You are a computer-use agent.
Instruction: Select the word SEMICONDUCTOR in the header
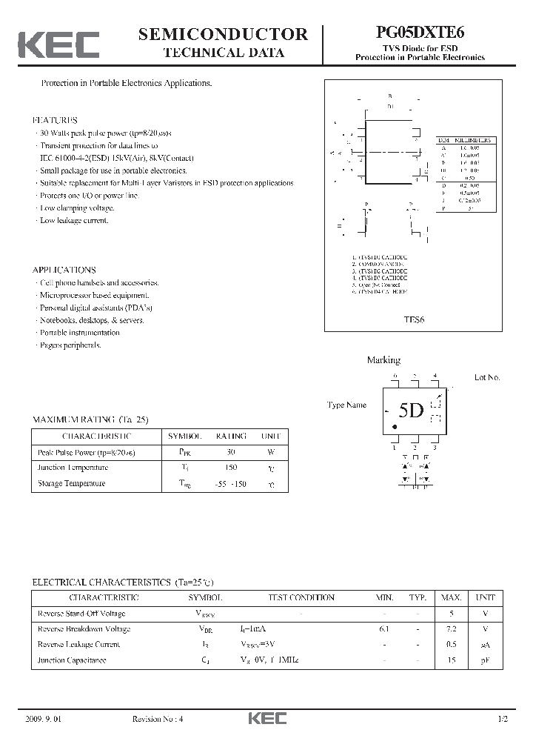(x=223, y=33)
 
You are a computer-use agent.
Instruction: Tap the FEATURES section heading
(x=55, y=119)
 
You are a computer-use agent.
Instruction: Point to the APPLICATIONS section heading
(x=64, y=270)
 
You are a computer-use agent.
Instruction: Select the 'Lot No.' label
(x=487, y=377)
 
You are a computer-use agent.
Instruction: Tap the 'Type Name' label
(x=346, y=405)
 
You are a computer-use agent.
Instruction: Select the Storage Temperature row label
(x=71, y=483)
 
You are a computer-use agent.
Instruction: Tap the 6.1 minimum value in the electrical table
(x=383, y=628)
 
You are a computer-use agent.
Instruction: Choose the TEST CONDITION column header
(x=301, y=597)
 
